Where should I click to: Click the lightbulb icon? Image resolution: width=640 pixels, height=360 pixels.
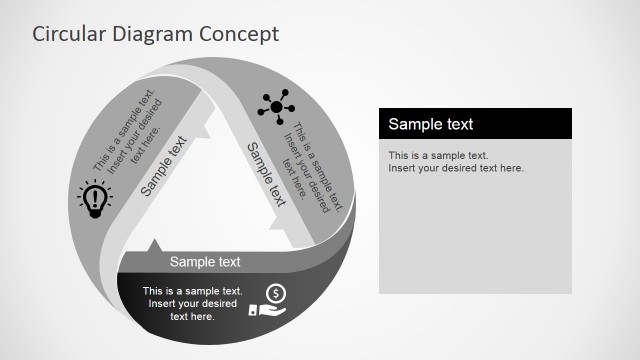(94, 198)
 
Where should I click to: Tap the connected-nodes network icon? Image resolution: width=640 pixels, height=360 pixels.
(276, 105)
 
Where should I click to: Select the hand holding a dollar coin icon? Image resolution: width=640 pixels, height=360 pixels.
(273, 301)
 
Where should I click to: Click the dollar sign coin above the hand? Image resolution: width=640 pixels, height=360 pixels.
(276, 293)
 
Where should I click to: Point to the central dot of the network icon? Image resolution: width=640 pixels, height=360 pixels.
(276, 106)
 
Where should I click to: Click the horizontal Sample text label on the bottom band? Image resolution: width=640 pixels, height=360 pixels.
(205, 262)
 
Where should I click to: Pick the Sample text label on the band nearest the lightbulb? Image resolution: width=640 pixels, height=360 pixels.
(164, 165)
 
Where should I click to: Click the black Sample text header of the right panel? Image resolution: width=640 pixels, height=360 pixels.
(475, 124)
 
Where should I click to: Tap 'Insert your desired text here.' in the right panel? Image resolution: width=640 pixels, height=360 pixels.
(456, 168)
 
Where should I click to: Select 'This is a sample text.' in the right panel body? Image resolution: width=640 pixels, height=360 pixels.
(438, 155)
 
